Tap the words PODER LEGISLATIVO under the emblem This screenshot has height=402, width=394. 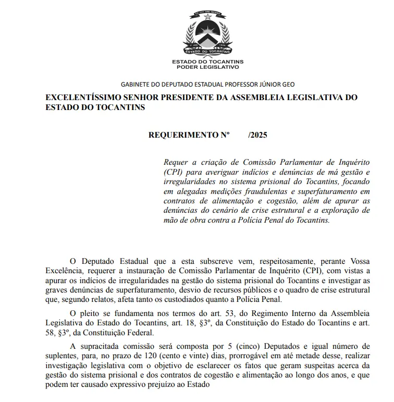[x=207, y=67]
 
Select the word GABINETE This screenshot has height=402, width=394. [x=136, y=84]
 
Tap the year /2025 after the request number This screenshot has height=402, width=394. [x=258, y=135]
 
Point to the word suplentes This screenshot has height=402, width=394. [x=61, y=356]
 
